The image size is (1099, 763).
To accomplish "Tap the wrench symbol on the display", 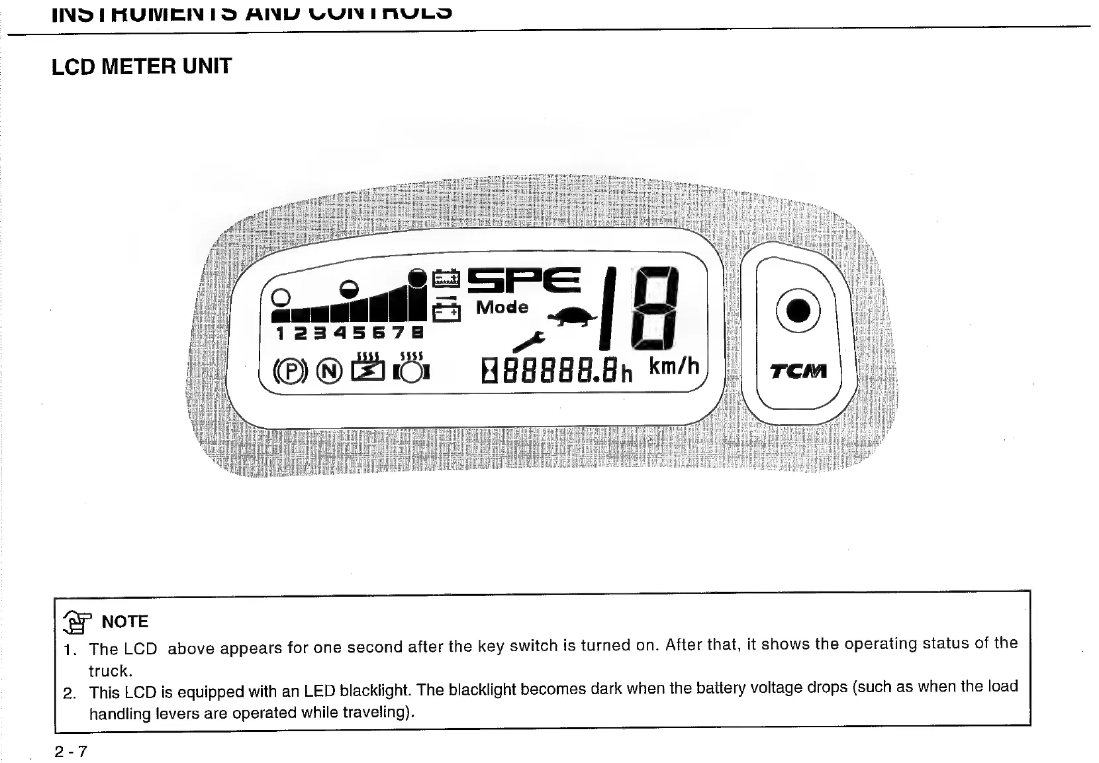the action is [x=528, y=341].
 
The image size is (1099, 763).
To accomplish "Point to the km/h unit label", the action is [x=673, y=366].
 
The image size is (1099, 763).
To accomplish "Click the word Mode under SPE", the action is [x=502, y=307].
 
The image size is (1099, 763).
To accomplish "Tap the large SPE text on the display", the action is [x=524, y=281].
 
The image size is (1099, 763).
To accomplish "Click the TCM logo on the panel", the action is [x=798, y=372].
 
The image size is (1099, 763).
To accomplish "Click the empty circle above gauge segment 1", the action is [x=281, y=297].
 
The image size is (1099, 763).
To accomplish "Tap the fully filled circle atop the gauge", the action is [x=418, y=277].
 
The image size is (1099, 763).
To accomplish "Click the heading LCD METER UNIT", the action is [x=142, y=66].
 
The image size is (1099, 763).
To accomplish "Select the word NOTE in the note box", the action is [x=124, y=621].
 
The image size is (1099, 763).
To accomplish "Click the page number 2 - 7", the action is [x=71, y=752].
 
